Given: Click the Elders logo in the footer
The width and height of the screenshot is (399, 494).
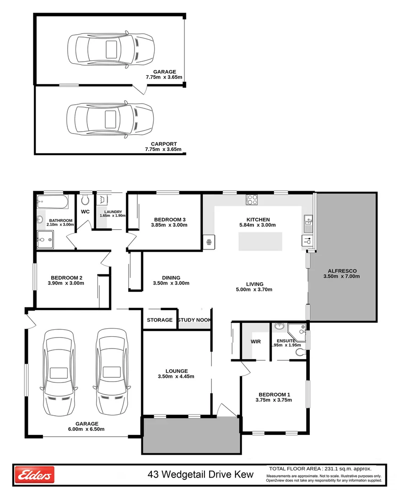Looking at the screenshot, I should click(35, 475).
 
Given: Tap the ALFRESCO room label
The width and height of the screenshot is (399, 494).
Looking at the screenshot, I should click(341, 270).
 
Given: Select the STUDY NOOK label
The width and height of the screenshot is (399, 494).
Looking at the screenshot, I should click(194, 320).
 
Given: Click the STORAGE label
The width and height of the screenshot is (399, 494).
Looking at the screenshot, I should click(160, 320).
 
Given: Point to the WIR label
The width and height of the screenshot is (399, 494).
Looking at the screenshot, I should click(255, 341).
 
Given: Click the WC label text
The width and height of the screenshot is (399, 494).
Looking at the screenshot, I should click(85, 212).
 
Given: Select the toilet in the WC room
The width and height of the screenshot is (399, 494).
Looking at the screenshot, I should click(85, 199).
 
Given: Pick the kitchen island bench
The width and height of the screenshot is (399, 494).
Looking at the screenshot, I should click(260, 241).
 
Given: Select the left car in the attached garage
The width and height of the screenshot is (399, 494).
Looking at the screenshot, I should click(58, 372).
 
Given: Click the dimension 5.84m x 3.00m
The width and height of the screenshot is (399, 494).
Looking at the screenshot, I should click(258, 225).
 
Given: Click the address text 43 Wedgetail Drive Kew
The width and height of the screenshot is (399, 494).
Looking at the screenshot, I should click(200, 475).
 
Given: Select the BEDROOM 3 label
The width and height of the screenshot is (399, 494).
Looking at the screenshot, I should click(170, 219).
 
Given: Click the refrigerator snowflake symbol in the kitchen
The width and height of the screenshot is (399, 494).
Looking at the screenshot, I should click(209, 242).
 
